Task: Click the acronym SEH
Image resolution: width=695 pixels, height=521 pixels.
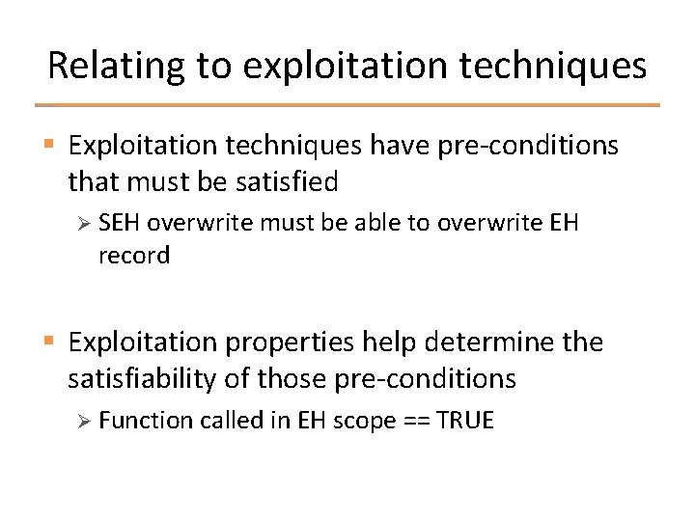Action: click(x=121, y=223)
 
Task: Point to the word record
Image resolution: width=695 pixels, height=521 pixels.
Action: click(x=134, y=256)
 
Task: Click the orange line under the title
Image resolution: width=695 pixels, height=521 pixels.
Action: click(x=347, y=105)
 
